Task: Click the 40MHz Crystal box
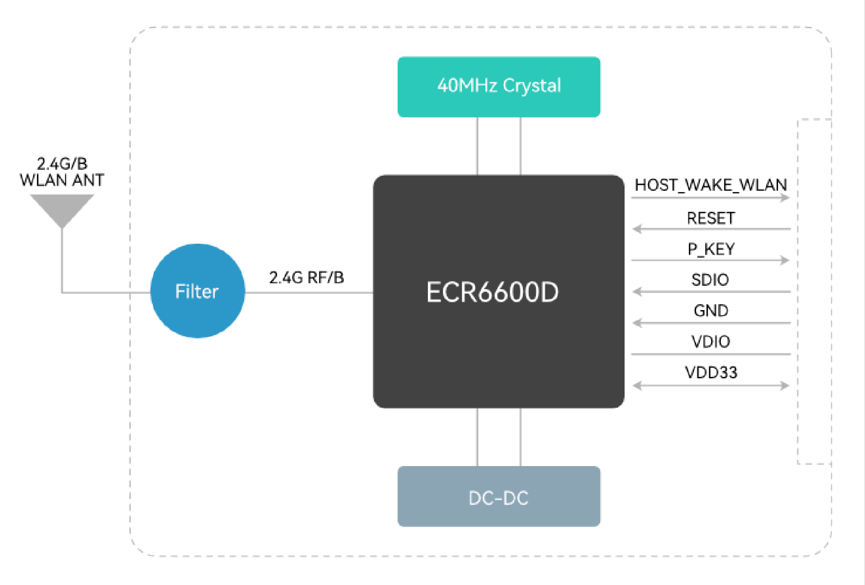[x=499, y=87]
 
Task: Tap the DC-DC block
[x=499, y=496]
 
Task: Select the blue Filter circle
[x=198, y=291]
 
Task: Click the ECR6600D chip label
[x=492, y=292]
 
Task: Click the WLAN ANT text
[x=62, y=180]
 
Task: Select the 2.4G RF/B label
[x=306, y=277]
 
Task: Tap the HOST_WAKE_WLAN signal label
[x=711, y=185]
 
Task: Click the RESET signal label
[x=711, y=218]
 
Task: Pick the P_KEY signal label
[x=711, y=249]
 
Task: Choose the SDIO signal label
[x=710, y=280]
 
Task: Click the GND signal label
[x=711, y=311]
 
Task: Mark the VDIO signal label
[x=711, y=341]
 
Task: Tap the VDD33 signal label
[x=711, y=372]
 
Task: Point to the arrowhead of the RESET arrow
[x=637, y=229]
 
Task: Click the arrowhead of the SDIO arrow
[x=637, y=291]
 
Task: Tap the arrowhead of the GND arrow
[x=637, y=323]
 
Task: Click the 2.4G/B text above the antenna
[x=62, y=163]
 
